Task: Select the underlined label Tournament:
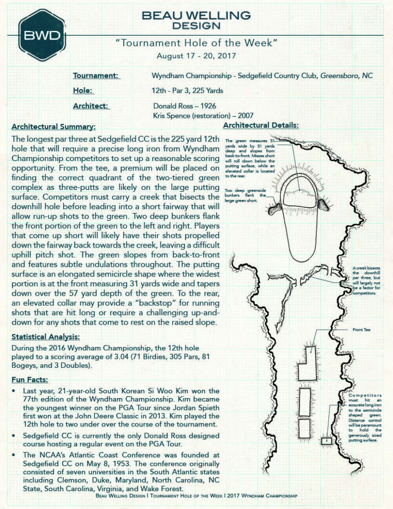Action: tap(96, 76)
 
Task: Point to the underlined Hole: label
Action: tap(83, 91)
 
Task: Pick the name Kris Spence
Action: tap(172, 116)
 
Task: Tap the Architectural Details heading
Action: tap(261, 125)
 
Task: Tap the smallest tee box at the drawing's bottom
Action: tap(326, 440)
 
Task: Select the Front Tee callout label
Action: tap(361, 330)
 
